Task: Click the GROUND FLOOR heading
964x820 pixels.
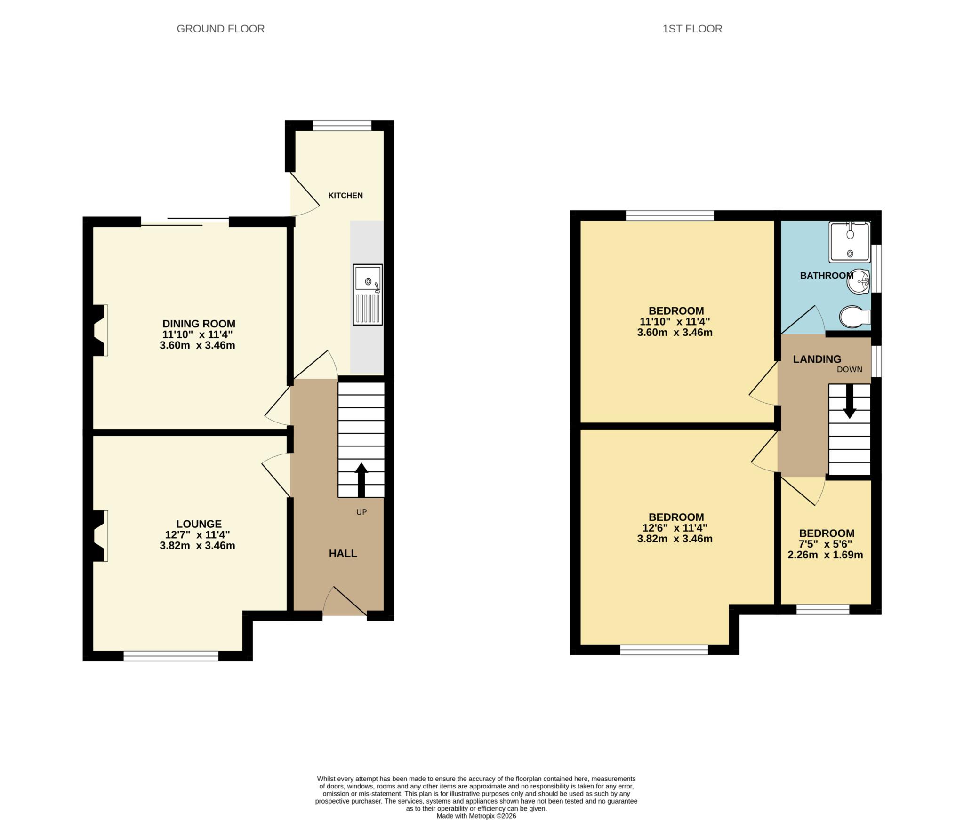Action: pos(220,29)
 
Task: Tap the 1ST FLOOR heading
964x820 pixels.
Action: pos(692,29)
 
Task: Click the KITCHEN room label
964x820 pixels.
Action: pos(345,195)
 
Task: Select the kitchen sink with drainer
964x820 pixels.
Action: pos(368,295)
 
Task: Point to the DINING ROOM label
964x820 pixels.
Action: pos(199,324)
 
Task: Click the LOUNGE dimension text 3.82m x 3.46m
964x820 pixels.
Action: pos(197,546)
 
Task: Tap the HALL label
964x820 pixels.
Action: pos(343,554)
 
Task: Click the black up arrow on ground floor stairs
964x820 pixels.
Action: pos(361,479)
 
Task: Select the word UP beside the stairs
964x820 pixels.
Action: pos(361,512)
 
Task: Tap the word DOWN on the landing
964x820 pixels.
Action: pos(849,369)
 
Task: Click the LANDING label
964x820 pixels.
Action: pos(817,359)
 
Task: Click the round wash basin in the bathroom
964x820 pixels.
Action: pos(860,282)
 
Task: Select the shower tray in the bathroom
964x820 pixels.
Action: pos(850,242)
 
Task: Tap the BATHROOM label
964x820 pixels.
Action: pos(826,275)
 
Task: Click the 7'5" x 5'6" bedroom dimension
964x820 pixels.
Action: pos(826,544)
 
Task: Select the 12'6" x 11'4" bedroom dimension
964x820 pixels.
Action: pos(675,528)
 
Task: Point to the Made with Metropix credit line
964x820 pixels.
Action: pos(476,816)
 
